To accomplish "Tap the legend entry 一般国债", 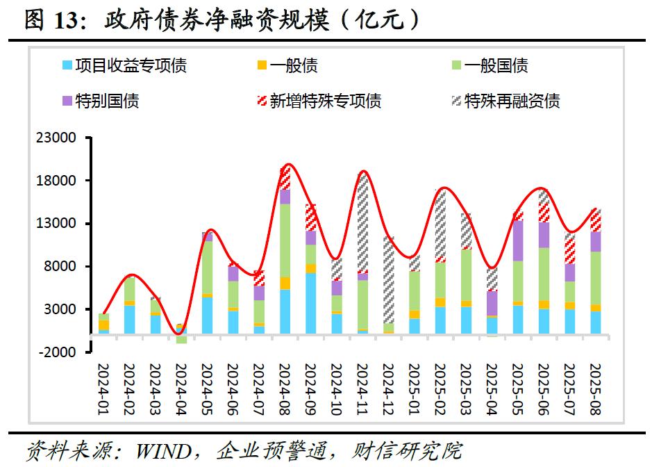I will click(x=496, y=66).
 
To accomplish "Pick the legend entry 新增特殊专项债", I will click(x=325, y=101).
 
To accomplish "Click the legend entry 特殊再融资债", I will click(x=512, y=101).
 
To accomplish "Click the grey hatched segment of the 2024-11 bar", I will click(x=362, y=222).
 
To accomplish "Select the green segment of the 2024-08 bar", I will click(x=285, y=240).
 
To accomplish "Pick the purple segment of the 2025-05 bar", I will click(x=517, y=240).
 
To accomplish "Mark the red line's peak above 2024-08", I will click(x=287, y=165).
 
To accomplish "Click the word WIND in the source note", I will click(x=164, y=452).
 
